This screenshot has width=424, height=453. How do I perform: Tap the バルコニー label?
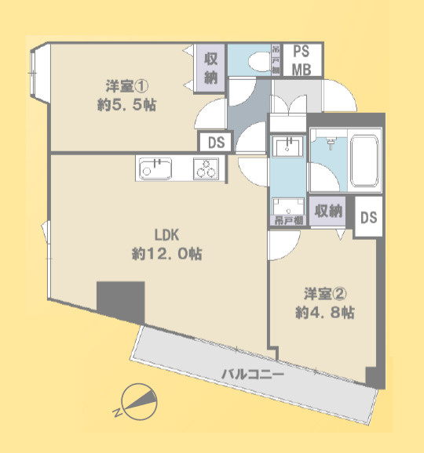click(251, 374)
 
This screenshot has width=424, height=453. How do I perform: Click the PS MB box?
click(302, 60)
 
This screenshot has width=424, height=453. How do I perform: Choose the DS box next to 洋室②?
click(369, 217)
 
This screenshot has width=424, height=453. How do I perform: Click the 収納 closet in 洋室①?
click(211, 67)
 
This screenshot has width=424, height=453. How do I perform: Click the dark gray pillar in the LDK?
click(120, 302)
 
